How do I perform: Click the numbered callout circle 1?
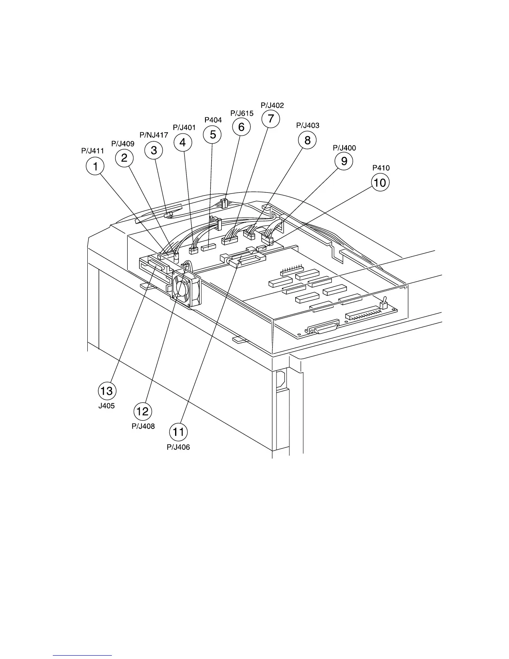pos(95,167)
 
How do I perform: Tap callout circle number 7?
pos(271,119)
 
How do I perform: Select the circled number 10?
pos(380,182)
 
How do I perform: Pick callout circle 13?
pos(106,391)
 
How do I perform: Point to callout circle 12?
pos(143,411)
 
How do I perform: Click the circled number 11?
pos(178,432)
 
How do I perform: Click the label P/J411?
pos(92,151)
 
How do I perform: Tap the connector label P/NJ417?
pos(154,135)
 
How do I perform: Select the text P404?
pos(213,120)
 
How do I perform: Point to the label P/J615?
pos(242,113)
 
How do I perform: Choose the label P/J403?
pos(308,125)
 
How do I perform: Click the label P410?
pos(381,168)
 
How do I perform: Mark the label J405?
pos(106,406)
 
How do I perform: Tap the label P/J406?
pos(178,447)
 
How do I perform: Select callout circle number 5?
pos(212,134)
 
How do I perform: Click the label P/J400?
pos(344,148)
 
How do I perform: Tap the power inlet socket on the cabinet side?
pos(281,379)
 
